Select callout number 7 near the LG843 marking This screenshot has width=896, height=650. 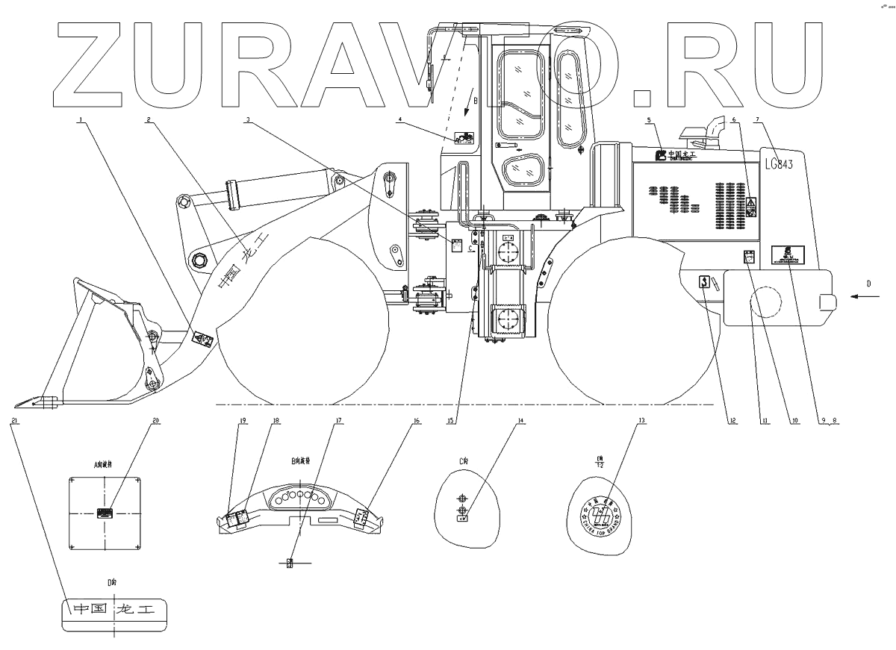point(759,119)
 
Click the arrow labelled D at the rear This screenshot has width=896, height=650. point(859,296)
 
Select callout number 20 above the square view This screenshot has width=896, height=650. point(156,421)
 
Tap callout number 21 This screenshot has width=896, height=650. point(14,421)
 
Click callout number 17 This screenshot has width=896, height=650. point(339,421)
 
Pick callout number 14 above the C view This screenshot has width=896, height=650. point(521,421)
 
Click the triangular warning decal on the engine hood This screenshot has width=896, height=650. point(751,201)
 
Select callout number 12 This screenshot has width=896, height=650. point(732,421)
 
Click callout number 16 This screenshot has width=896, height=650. point(417,421)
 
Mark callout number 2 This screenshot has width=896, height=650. point(149,119)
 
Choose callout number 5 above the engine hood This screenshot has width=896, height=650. point(649,119)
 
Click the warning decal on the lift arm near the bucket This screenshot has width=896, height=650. point(202,340)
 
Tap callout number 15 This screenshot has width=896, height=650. point(450,421)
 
